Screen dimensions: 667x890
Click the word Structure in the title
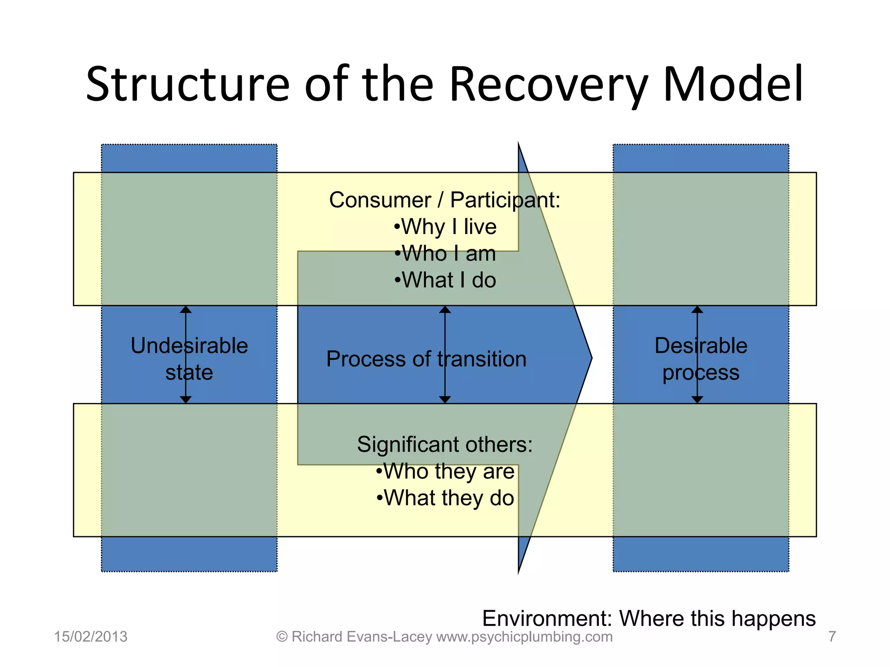(x=187, y=85)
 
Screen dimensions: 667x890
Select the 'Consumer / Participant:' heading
(x=445, y=200)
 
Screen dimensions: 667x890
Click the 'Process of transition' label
(x=426, y=359)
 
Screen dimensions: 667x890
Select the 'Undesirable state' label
(x=189, y=359)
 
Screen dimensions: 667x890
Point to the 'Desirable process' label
(x=701, y=359)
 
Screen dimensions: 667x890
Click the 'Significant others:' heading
(x=445, y=445)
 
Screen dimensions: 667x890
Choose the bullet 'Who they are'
(x=445, y=472)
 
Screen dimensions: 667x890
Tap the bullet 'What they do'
(x=445, y=498)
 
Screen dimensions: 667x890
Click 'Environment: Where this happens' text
(x=648, y=618)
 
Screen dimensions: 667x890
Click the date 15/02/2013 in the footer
(x=90, y=637)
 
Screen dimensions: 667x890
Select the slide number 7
(x=832, y=637)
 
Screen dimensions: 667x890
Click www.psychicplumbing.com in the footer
(x=524, y=637)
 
